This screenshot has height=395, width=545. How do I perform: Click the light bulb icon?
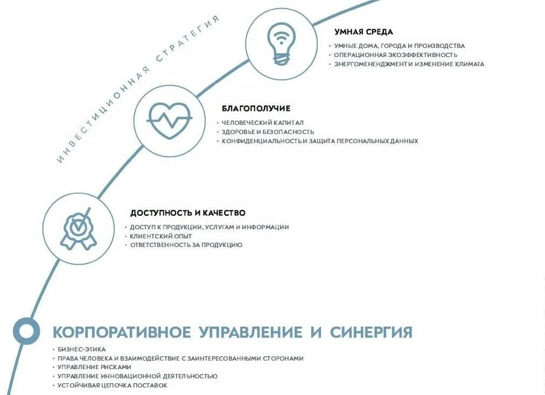click(281, 44)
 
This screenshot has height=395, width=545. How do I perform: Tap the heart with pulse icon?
click(170, 121)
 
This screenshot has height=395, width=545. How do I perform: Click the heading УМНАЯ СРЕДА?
click(364, 32)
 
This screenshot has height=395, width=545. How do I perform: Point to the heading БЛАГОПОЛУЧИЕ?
click(256, 109)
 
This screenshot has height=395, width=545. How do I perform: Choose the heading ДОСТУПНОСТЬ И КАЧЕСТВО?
click(187, 213)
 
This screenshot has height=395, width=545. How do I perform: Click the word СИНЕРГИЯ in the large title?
click(371, 332)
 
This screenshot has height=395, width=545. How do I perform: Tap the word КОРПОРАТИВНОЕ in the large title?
click(122, 332)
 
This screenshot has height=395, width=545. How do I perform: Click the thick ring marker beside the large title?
click(26, 330)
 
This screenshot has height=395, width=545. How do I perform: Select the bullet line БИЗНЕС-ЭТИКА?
click(81, 349)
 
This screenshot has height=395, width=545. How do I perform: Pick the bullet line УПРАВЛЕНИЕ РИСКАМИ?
click(94, 367)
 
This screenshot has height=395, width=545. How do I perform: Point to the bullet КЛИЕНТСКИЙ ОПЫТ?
click(160, 236)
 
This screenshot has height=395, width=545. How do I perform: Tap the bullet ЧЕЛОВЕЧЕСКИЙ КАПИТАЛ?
click(263, 123)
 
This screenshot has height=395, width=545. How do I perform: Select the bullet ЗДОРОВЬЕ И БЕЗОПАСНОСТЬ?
click(268, 132)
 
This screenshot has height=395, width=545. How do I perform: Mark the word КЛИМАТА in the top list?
click(469, 64)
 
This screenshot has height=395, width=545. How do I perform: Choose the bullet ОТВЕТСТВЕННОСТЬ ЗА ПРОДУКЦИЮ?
click(186, 245)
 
